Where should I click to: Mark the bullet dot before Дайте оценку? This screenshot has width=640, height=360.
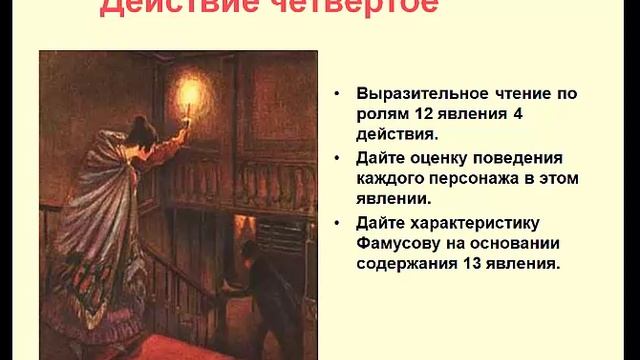click(338, 158)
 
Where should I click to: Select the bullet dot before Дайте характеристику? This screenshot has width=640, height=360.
click(338, 223)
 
